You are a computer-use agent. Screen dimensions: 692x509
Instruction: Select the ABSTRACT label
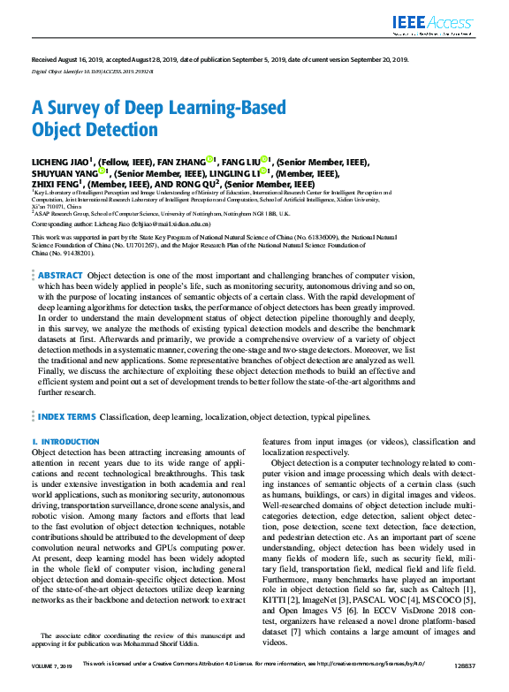click(61, 276)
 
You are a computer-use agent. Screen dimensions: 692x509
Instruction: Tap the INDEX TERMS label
click(66, 415)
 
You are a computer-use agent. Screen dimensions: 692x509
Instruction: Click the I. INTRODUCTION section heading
click(66, 441)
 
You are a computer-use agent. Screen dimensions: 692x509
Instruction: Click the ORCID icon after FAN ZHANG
click(211, 160)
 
